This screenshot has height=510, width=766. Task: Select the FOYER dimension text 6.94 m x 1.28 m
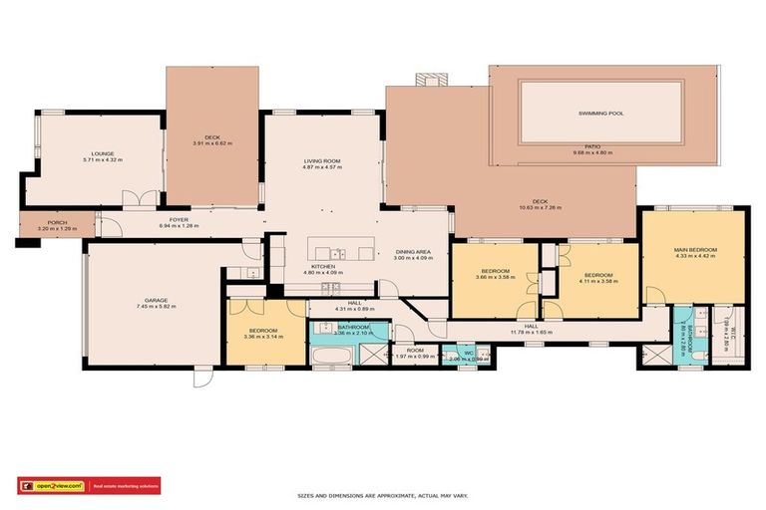(180, 226)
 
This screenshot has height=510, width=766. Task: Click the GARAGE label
(155, 300)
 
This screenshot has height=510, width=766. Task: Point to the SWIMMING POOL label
(600, 114)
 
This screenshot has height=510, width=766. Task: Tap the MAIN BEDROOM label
(695, 250)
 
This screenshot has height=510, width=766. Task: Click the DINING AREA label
(413, 252)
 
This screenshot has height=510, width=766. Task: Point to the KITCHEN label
(322, 266)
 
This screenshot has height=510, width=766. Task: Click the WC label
(468, 352)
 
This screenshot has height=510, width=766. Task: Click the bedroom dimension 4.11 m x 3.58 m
(597, 281)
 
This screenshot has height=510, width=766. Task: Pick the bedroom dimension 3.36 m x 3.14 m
(262, 337)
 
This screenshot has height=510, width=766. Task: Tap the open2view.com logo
(52, 486)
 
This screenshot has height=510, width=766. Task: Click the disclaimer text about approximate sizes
(383, 495)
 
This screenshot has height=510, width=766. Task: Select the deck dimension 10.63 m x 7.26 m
(540, 208)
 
